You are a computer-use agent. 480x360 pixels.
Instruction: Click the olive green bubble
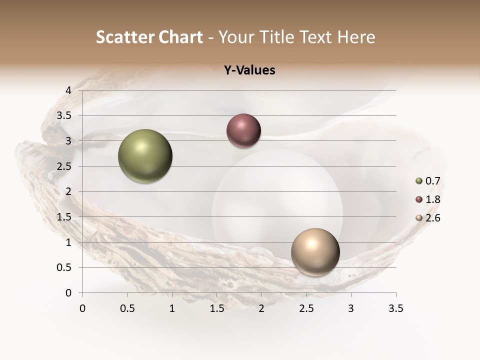145,156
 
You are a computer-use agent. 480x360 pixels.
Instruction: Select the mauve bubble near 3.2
243,131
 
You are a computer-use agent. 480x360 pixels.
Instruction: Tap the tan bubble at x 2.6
315,252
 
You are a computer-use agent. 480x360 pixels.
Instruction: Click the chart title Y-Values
249,70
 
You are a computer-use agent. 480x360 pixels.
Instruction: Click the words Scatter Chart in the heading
149,37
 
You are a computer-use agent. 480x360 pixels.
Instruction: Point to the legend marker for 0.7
418,181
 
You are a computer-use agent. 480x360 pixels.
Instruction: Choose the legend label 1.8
432,199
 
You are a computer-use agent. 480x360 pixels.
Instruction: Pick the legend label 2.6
432,218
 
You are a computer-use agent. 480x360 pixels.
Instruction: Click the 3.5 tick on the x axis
395,308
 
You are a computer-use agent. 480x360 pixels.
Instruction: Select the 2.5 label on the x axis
306,308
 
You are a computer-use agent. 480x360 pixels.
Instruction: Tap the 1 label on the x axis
172,308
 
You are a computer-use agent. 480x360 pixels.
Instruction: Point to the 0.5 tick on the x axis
127,308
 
